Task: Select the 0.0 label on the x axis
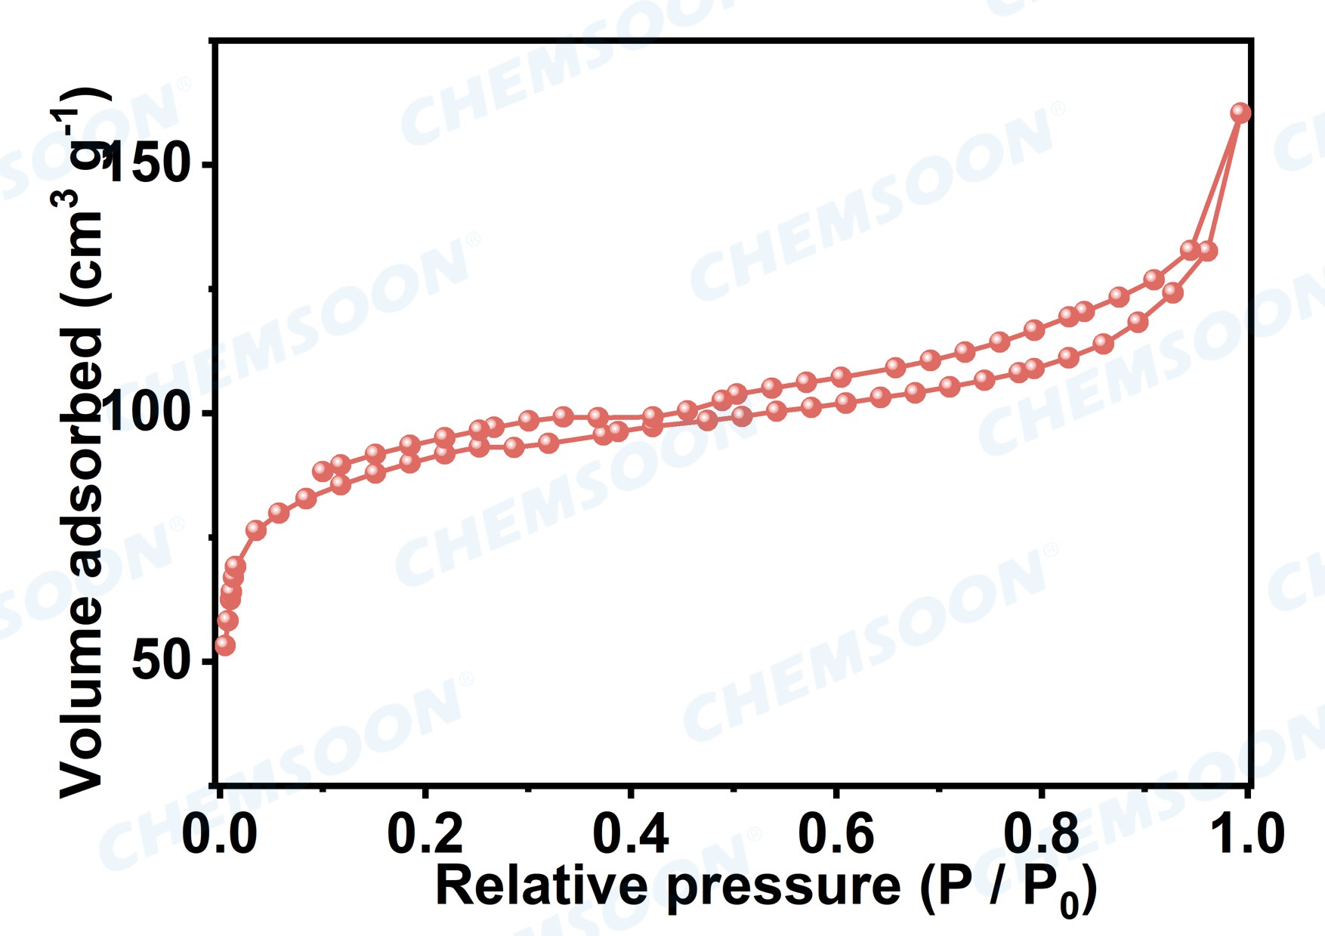[x=220, y=834]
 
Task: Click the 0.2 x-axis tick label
[x=425, y=834]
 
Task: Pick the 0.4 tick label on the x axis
[x=631, y=834]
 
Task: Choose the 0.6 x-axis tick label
[x=836, y=834]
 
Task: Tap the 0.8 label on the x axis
[x=1041, y=834]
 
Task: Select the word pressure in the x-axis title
[x=783, y=887]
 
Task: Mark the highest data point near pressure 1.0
[x=1240, y=113]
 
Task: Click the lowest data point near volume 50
[x=224, y=645]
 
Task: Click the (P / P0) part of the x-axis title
[x=1007, y=888]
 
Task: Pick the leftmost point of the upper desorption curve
[x=323, y=471]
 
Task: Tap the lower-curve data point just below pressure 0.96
[x=1207, y=251]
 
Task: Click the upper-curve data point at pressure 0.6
[x=841, y=376]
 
